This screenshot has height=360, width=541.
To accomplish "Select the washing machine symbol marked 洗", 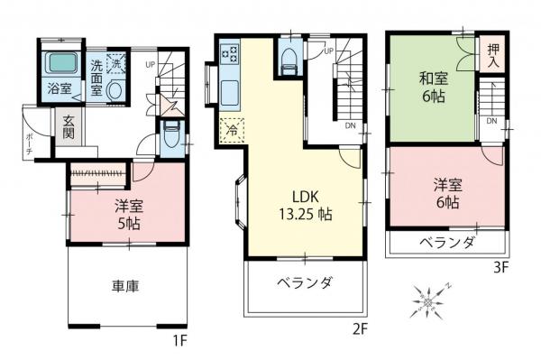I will coord(116,64).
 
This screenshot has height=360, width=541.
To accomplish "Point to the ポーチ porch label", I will coord(31,143).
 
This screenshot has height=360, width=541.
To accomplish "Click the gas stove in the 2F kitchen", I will coord(229,53).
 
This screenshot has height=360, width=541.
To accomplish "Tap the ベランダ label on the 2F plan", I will coord(306,283).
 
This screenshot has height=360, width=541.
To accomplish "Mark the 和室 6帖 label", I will coord(430,85).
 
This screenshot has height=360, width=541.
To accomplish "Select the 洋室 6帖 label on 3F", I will coord(446,193).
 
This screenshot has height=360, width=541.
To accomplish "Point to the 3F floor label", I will coord(500,267).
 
